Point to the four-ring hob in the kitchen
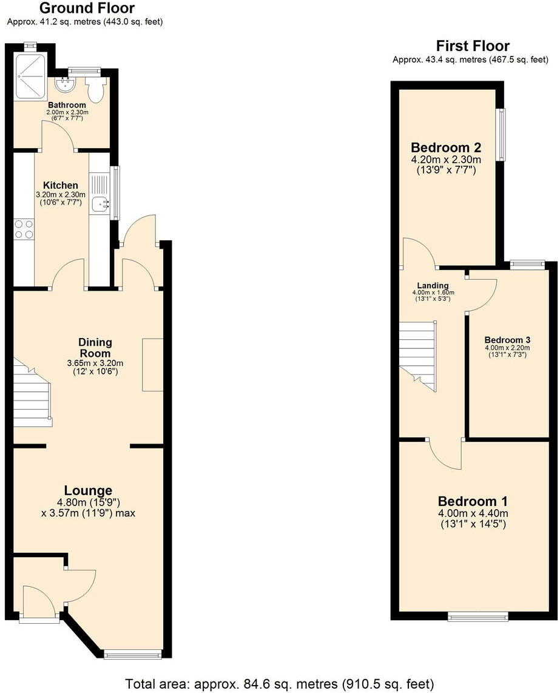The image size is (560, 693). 24,229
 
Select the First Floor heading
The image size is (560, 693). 473,46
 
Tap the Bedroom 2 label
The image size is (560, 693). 446,147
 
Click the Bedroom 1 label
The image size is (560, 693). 473,502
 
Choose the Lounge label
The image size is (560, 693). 89,490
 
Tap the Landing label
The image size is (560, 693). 433,285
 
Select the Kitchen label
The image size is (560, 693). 61,185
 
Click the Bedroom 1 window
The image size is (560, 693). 479,618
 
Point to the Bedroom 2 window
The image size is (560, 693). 501,135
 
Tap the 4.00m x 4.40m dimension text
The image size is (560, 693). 473,514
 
